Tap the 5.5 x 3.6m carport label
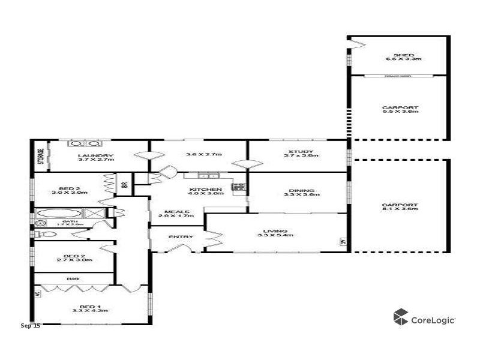click(400, 108)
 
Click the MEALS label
click(178, 212)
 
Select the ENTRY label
click(181, 236)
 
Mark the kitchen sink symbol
click(209, 176)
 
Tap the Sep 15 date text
click(30, 326)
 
